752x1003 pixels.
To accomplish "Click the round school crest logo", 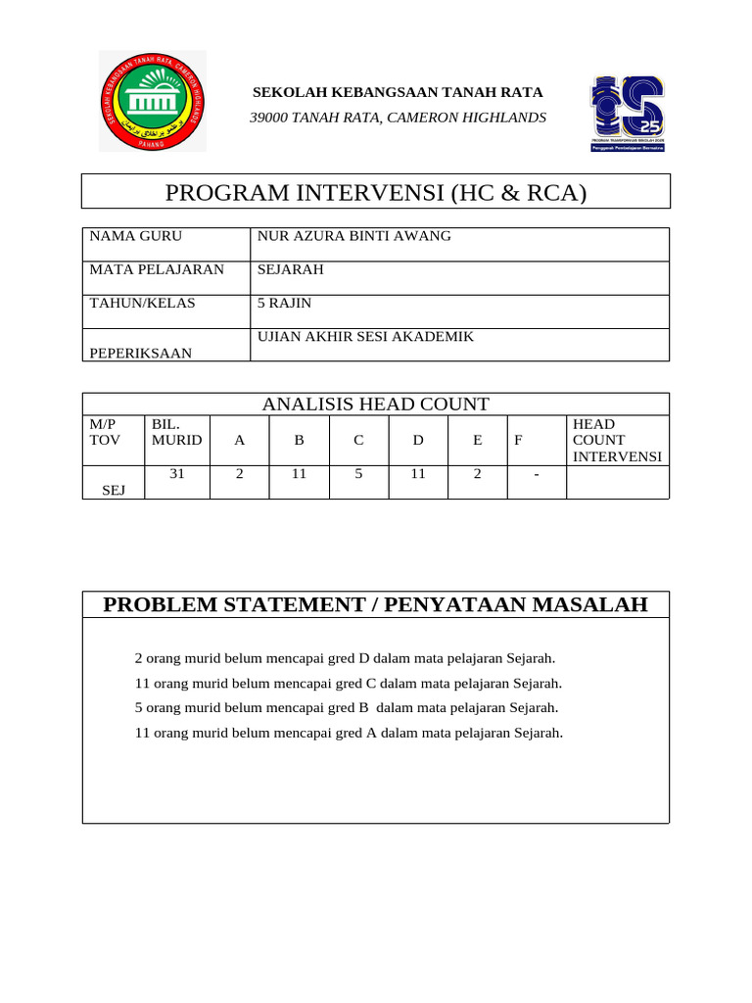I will tap(152, 102).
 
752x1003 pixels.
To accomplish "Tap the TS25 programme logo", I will tap(627, 112).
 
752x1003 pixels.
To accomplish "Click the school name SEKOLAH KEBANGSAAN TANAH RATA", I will tap(398, 93).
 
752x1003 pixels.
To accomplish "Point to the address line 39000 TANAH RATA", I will tap(398, 119).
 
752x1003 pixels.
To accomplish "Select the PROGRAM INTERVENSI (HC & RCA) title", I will tap(376, 192).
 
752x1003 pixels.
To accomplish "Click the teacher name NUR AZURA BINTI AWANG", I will tap(353, 237).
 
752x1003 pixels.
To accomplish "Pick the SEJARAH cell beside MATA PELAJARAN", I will tap(290, 270).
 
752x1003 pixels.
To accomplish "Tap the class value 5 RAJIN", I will tap(284, 304).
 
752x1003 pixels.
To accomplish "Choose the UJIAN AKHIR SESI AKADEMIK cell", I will tap(365, 337).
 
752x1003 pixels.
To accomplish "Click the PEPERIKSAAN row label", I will tap(141, 353).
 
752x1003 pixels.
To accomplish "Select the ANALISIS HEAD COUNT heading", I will tap(376, 405).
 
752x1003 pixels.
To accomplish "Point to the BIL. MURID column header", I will tap(176, 432).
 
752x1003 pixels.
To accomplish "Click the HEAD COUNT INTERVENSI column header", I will tap(617, 440).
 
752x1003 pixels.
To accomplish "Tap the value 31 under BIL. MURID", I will tap(177, 474).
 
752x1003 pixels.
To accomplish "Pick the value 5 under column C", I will tap(358, 474).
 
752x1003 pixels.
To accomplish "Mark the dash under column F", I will tap(537, 475).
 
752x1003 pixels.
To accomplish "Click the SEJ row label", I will tap(114, 490).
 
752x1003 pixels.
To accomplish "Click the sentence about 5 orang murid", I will tap(347, 707).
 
